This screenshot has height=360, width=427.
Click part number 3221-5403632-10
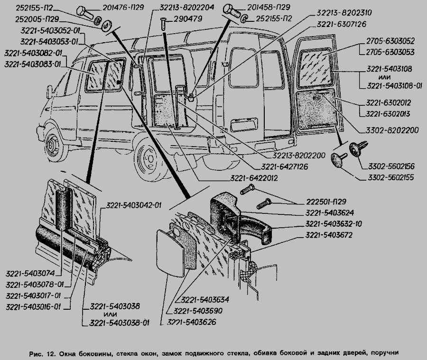(334, 223)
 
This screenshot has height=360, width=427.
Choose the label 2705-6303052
(390, 42)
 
